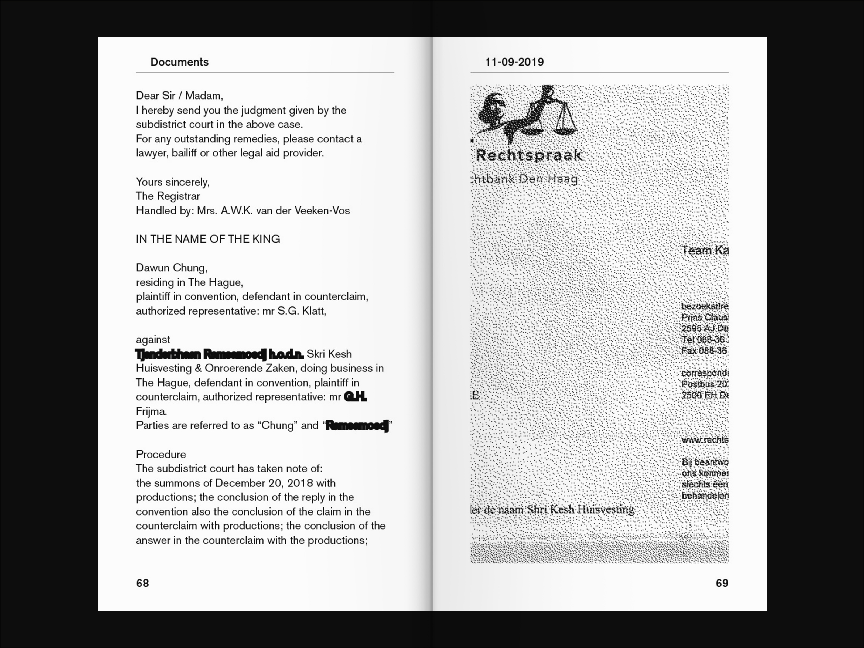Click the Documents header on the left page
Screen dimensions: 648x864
[179, 62]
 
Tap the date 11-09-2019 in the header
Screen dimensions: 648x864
[514, 62]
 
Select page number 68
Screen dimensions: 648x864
[143, 583]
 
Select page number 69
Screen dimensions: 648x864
[722, 583]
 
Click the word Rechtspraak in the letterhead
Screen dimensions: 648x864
[529, 155]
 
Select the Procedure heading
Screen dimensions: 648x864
[161, 454]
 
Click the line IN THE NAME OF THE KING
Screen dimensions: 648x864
[208, 239]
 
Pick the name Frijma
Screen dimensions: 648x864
[151, 411]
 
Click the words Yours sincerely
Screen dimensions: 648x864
[173, 182]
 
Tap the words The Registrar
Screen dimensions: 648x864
[168, 196]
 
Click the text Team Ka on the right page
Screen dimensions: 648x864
[705, 250]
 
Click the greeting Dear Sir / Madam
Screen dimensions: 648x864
[179, 96]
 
